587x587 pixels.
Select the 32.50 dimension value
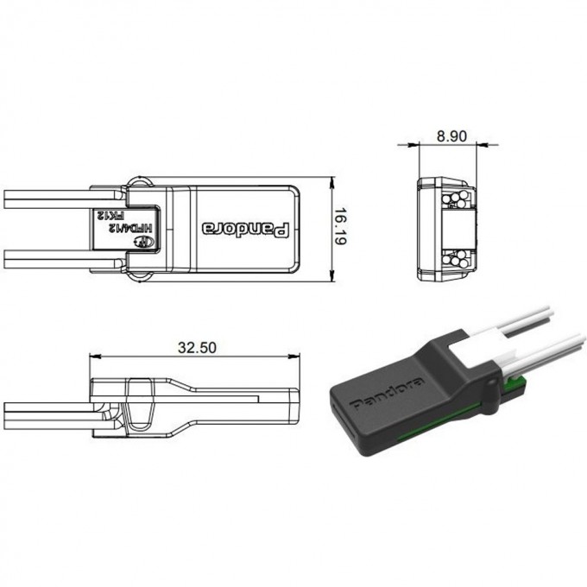[196, 348]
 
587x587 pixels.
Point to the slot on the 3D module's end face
[337, 412]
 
